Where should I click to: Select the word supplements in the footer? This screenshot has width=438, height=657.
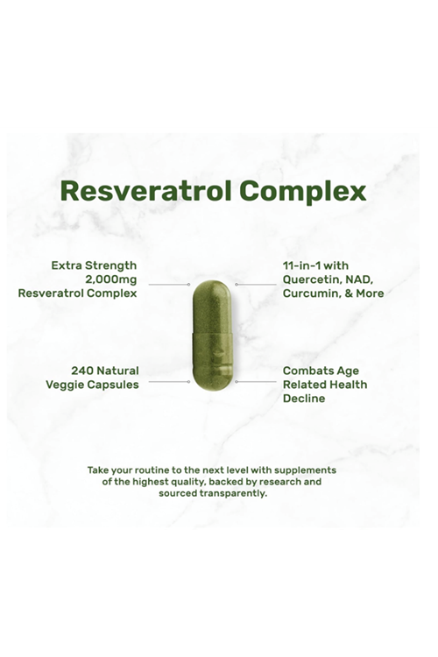pos(300,470)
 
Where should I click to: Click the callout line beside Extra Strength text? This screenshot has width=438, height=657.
pos(169,284)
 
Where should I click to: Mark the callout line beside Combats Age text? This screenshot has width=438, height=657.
pos(255,381)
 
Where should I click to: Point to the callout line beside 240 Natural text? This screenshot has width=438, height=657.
pos(169,381)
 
